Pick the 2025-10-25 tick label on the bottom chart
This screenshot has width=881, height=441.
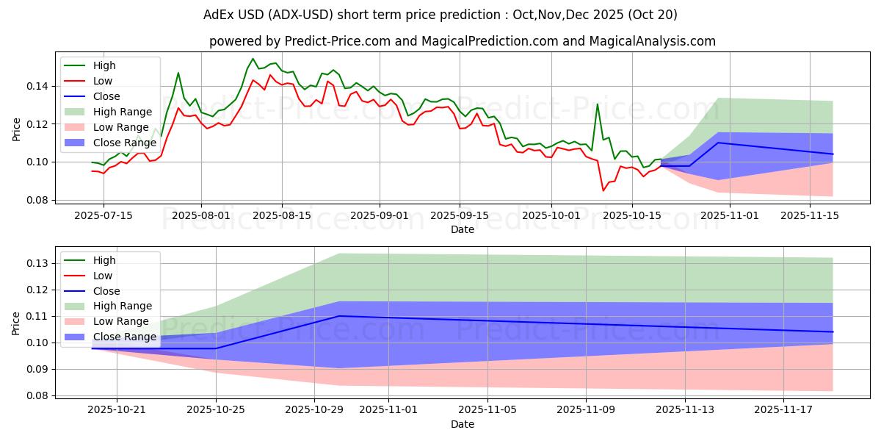[x=216, y=410]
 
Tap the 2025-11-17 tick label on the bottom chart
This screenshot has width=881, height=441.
[x=783, y=410]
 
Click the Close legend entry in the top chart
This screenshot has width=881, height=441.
[x=106, y=96]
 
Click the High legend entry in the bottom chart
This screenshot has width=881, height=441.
[x=104, y=260]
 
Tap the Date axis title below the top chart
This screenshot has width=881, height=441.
[x=463, y=229]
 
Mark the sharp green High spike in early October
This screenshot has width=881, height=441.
[x=597, y=104]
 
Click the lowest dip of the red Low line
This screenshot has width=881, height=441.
[x=603, y=191]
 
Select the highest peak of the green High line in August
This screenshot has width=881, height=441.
[x=253, y=59]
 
